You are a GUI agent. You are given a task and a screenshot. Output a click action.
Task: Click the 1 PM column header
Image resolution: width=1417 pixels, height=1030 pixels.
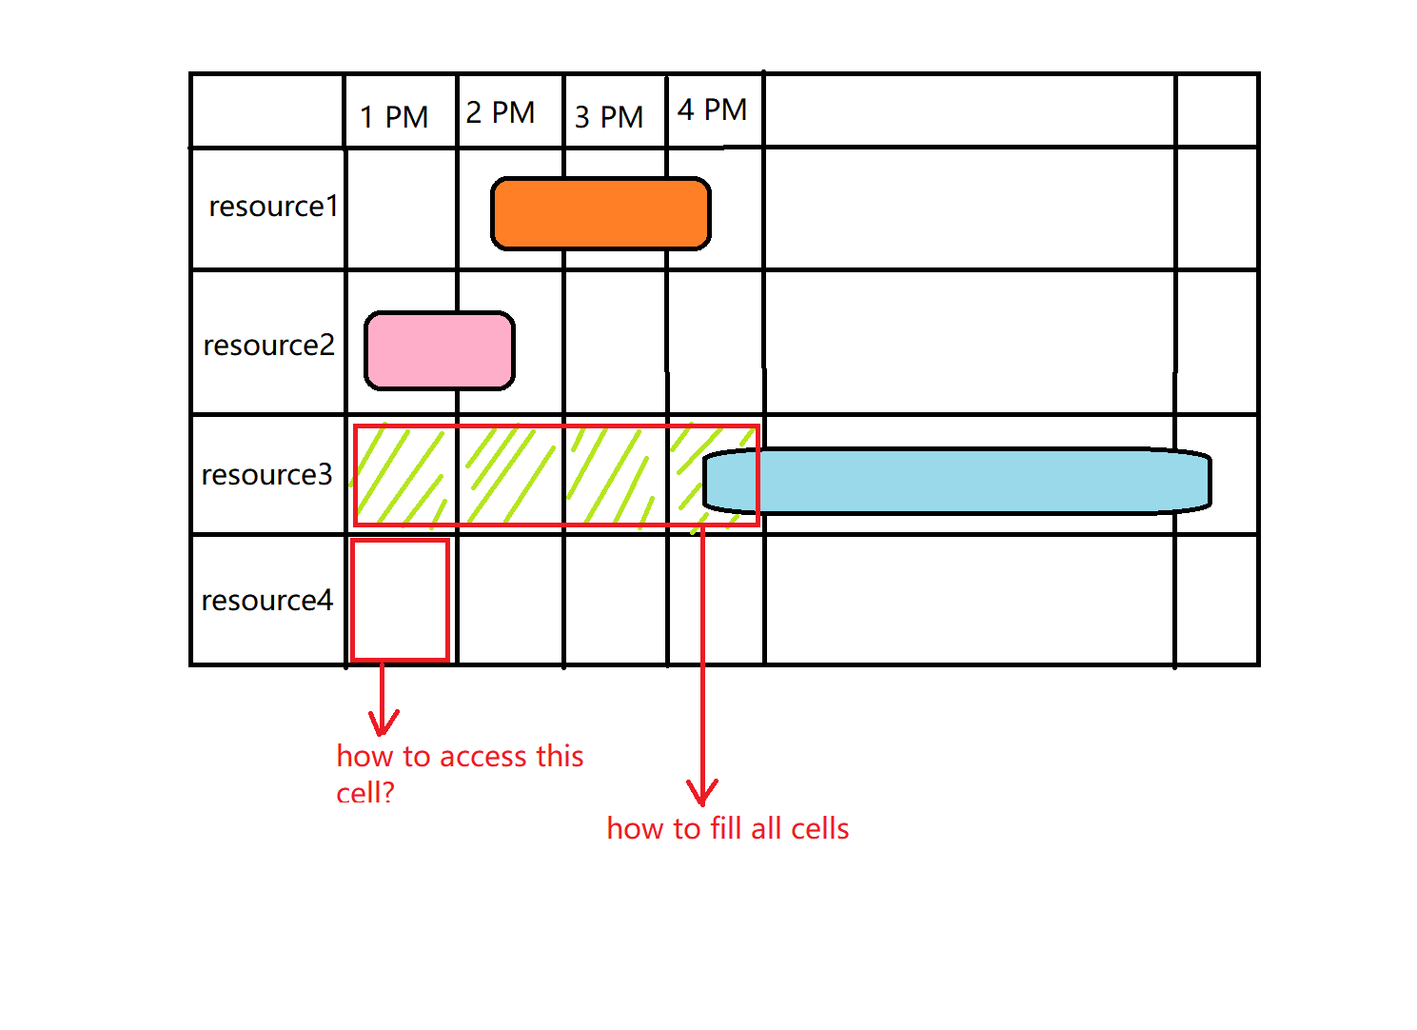tap(394, 117)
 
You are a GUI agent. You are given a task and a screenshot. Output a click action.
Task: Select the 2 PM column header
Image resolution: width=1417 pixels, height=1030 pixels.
tap(501, 112)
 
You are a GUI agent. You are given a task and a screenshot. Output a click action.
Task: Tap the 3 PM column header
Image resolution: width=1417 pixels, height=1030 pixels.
tap(609, 117)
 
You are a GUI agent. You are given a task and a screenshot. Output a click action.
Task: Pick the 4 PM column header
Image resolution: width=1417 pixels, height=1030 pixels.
tap(712, 109)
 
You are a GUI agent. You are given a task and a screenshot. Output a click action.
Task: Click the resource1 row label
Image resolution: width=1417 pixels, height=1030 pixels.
tap(273, 207)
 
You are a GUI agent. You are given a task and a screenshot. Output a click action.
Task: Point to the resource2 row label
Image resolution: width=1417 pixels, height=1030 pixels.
tap(269, 345)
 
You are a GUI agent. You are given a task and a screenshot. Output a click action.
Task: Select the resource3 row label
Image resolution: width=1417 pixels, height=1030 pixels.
tap(267, 474)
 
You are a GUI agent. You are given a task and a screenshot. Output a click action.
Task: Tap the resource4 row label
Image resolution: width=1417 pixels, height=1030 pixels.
tap(267, 600)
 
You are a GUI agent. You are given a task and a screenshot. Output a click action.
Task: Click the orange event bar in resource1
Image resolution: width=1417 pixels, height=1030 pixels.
tap(600, 213)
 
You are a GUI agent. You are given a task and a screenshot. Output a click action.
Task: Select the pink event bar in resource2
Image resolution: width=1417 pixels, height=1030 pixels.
tap(440, 350)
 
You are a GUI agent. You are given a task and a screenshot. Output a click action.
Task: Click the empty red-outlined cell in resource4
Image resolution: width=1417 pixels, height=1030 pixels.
tap(400, 600)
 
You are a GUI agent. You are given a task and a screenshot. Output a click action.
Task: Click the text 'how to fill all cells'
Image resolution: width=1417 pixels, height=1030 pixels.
tap(728, 828)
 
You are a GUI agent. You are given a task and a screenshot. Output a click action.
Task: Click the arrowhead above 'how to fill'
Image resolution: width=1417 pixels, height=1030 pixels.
tap(702, 795)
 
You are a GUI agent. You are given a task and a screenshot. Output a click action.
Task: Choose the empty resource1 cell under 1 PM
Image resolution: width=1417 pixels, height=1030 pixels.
tap(401, 208)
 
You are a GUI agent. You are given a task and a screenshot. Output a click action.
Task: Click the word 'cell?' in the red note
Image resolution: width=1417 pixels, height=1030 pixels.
tap(365, 792)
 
